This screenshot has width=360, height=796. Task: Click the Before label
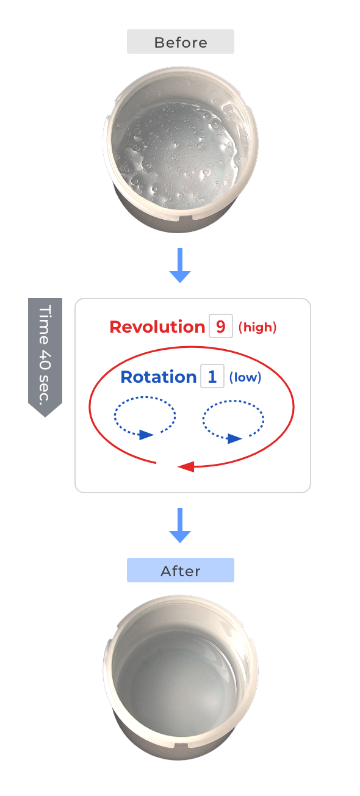(180, 42)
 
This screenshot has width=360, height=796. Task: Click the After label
(180, 570)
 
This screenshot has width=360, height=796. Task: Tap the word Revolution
(157, 327)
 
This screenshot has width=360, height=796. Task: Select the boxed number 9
(221, 326)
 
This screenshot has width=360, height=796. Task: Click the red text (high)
(257, 327)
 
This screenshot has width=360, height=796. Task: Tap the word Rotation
(158, 377)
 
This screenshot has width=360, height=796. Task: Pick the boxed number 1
(212, 376)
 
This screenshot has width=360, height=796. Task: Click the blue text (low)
(245, 377)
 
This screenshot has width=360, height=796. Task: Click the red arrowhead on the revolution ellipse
(186, 466)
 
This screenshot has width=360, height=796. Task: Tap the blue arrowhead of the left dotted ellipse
(146, 435)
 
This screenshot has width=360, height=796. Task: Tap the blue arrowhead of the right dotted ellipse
(234, 438)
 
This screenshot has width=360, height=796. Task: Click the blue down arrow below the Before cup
(180, 265)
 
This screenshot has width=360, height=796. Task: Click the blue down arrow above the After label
(180, 525)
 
